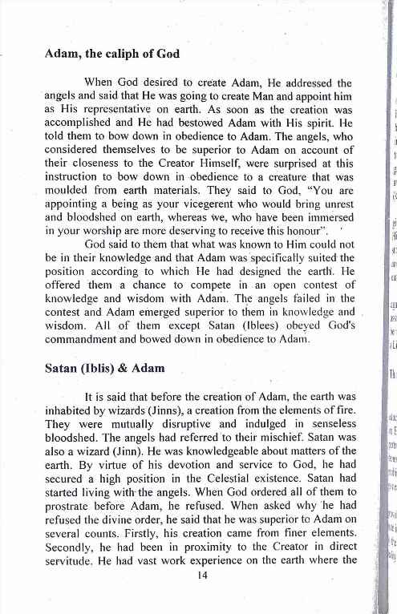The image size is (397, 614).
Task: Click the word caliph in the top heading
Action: [118, 55]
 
